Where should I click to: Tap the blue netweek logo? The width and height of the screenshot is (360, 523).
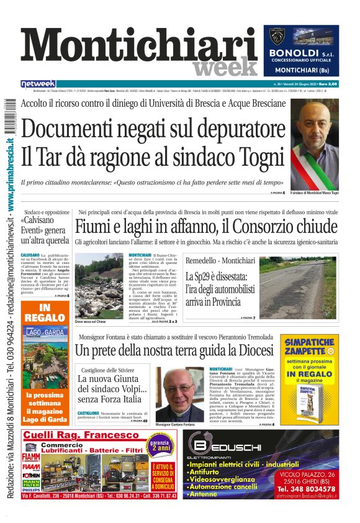click(38, 83)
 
